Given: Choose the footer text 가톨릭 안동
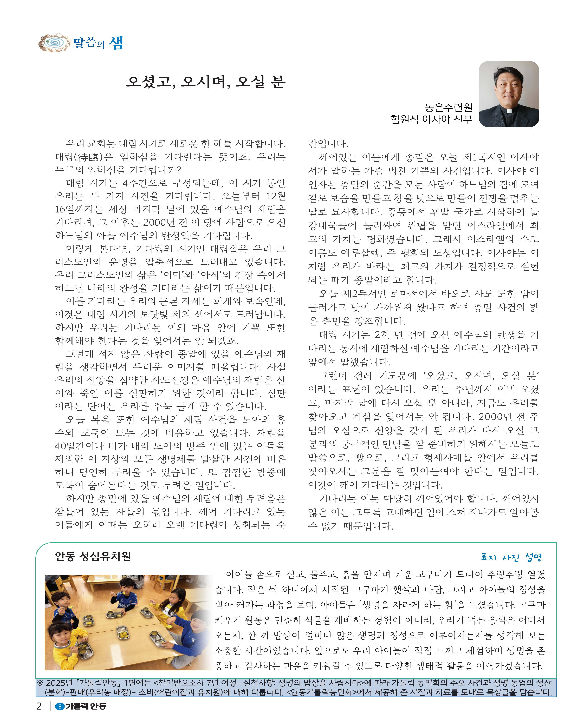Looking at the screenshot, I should click(86, 706).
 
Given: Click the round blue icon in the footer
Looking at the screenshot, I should click(60, 706).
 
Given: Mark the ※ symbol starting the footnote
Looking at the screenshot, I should click(40, 683).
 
